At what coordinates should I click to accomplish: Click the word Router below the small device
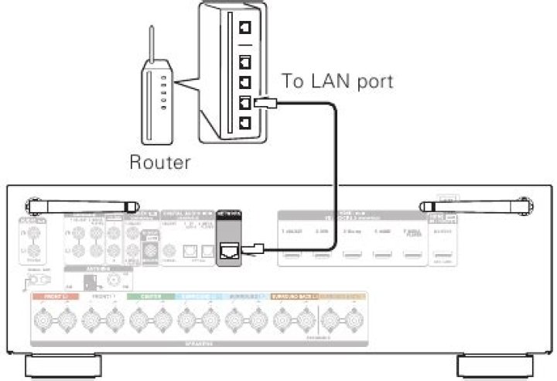[159, 163]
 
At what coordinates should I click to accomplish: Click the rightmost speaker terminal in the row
[354, 318]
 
